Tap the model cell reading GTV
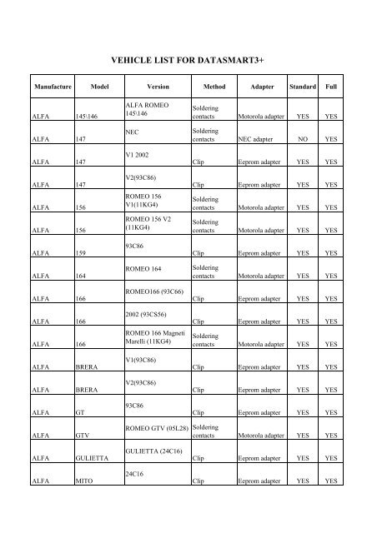[x=83, y=434]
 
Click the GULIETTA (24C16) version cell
[x=155, y=450]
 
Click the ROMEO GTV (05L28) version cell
[x=155, y=427]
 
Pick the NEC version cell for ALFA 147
[x=131, y=132]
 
